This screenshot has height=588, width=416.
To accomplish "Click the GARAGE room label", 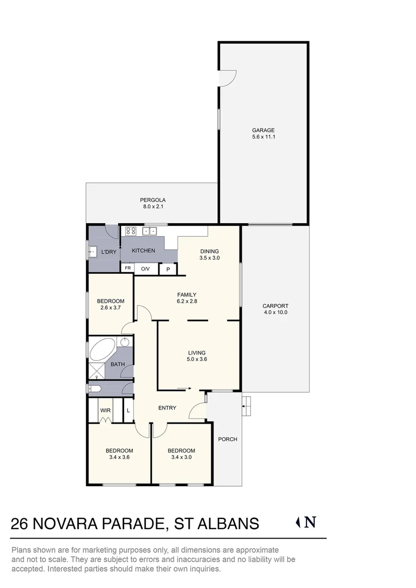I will coord(263,130).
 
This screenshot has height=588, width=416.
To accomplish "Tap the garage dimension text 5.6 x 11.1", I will coord(263,137).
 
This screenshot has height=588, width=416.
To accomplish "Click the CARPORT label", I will coord(275,306).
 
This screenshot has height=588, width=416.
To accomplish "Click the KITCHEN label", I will coord(143,250).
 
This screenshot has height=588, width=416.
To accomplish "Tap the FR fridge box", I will coord(128,268).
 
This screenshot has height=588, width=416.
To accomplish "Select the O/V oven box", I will coord(145,268).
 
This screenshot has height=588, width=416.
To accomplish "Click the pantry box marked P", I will coord(168,269).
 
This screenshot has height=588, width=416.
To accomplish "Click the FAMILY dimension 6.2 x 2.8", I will coord(186,302).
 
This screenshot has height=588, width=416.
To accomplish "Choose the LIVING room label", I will coord(197,352).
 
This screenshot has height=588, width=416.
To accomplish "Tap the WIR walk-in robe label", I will coord(105,411).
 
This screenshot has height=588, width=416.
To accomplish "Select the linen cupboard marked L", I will coord(128,411).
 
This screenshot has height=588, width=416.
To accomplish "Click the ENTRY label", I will coord(167,408).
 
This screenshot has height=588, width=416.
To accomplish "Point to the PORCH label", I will coord(228,439).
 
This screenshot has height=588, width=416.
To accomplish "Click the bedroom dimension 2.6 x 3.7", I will coord(111,308).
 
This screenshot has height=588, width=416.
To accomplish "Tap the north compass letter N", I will coord(310,523).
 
